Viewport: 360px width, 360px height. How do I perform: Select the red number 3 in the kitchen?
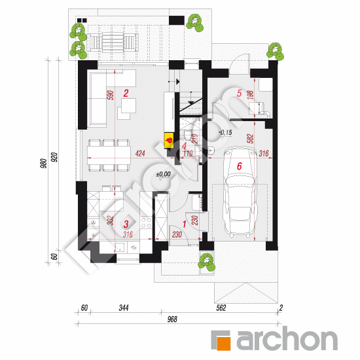click(x=126, y=223)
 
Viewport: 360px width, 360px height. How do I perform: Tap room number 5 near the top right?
click(x=239, y=94)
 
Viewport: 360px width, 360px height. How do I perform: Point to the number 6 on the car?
click(x=240, y=167)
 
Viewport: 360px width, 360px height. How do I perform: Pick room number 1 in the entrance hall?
click(x=184, y=225)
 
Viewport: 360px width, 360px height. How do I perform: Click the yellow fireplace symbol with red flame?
click(x=168, y=139)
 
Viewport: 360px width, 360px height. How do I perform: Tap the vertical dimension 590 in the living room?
click(x=110, y=94)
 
